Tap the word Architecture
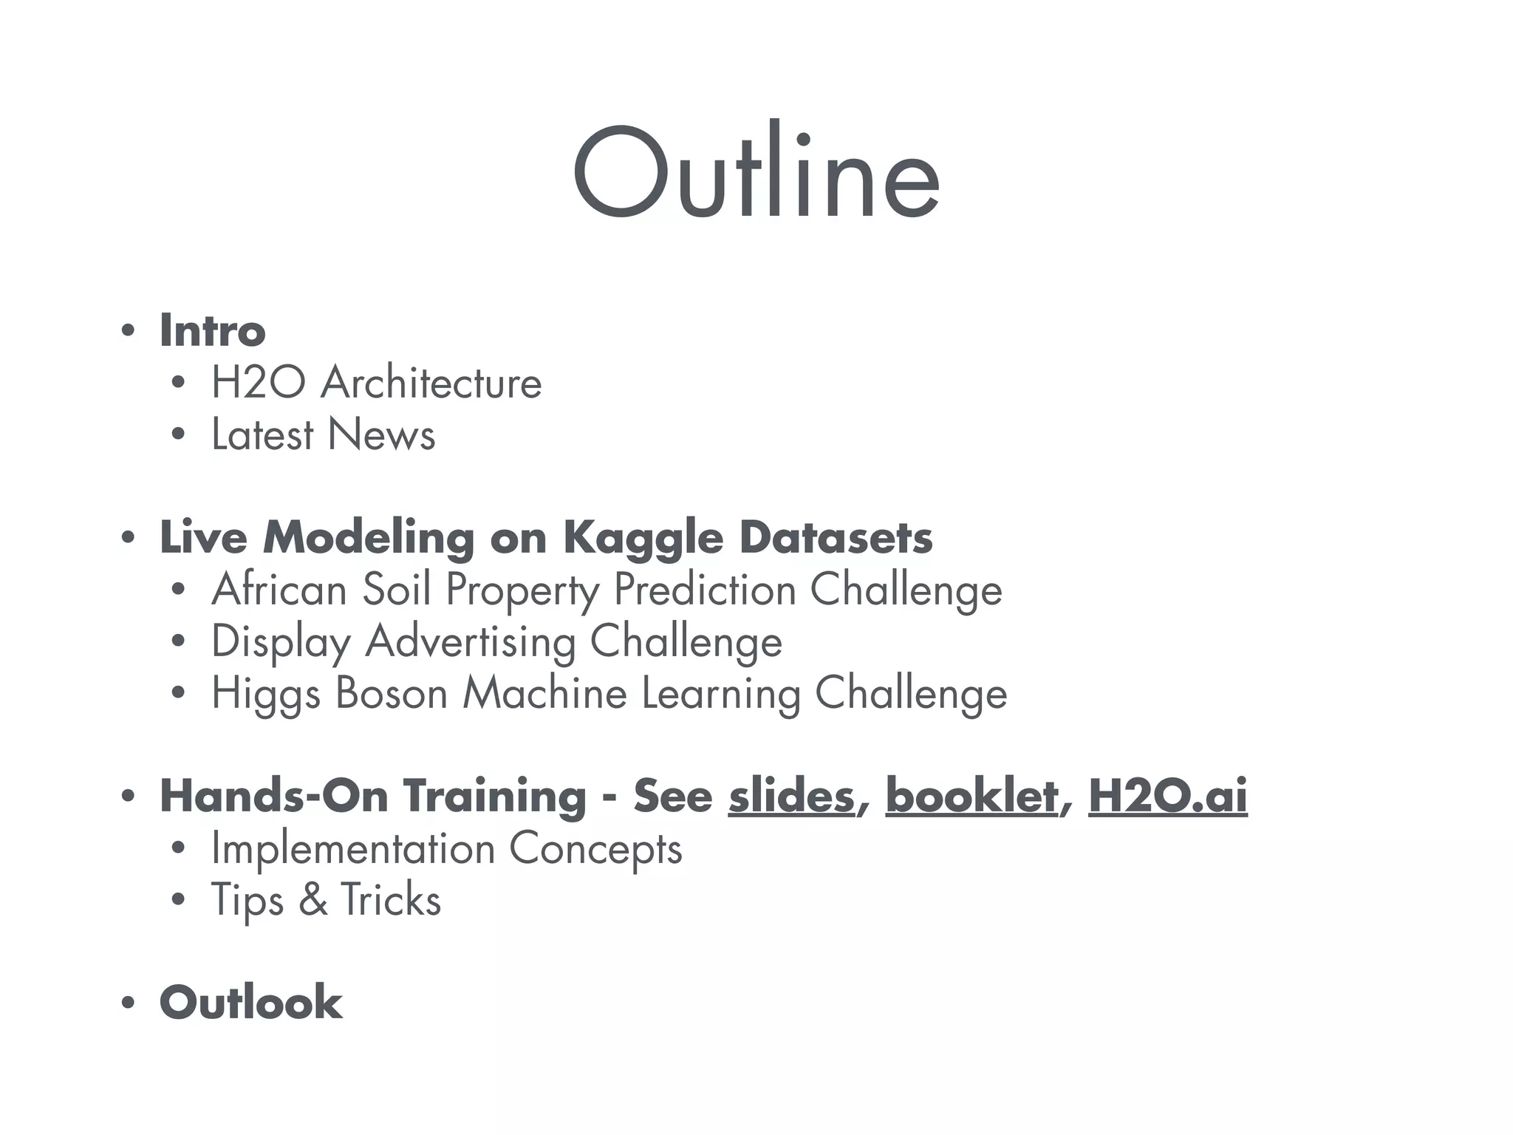click(431, 383)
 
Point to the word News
click(381, 434)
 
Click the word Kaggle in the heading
click(643, 538)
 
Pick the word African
click(279, 590)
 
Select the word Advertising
click(471, 641)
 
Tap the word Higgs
click(266, 695)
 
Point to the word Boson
click(392, 693)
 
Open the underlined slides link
click(791, 797)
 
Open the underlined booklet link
click(971, 797)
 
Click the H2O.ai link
click(1167, 797)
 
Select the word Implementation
click(353, 848)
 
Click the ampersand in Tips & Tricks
click(313, 900)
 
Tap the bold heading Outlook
click(250, 1003)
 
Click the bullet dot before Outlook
click(129, 1003)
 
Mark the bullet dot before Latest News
click(178, 435)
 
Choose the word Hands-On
click(273, 797)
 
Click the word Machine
click(544, 693)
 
